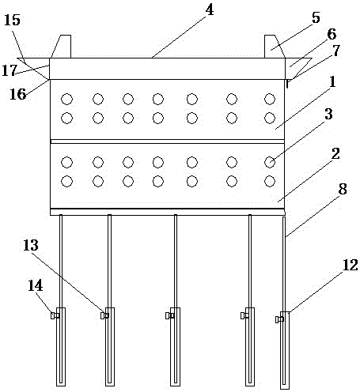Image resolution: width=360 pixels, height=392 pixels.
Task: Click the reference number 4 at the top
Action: pyautogui.click(x=210, y=10)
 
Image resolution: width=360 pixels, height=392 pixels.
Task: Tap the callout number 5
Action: pyautogui.click(x=316, y=18)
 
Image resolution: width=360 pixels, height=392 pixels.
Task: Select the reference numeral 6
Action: pyautogui.click(x=332, y=34)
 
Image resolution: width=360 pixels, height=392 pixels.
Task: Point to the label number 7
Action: pyautogui.click(x=335, y=51)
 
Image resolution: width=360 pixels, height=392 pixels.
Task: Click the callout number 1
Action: pyautogui.click(x=333, y=81)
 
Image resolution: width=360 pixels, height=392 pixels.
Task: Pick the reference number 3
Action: pyautogui.click(x=328, y=114)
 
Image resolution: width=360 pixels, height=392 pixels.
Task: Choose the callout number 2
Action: pyautogui.click(x=335, y=153)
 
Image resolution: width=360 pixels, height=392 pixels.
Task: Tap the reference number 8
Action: pyautogui.click(x=343, y=189)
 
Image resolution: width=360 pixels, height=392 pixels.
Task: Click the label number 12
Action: pyautogui.click(x=351, y=265)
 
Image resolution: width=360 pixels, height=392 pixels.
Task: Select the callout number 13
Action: pyautogui.click(x=31, y=245)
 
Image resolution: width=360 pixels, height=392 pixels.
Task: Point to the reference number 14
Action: pyautogui.click(x=36, y=285)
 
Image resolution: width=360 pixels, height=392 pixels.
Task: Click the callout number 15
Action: pyautogui.click(x=12, y=20)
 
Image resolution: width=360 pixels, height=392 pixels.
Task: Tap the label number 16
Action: pyautogui.click(x=18, y=94)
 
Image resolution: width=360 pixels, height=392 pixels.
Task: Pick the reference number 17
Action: pyautogui.click(x=9, y=70)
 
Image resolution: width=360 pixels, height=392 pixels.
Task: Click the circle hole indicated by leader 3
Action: pyautogui.click(x=270, y=162)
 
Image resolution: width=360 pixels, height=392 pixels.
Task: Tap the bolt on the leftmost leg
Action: pyautogui.click(x=55, y=315)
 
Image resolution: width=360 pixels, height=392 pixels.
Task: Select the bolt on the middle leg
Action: pyautogui.click(x=169, y=315)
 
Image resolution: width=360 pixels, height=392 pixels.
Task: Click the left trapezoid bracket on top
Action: pyautogui.click(x=61, y=47)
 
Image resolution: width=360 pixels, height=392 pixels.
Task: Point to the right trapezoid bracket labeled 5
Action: pyautogui.click(x=275, y=47)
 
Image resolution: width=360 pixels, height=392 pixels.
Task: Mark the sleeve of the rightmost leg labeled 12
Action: pyautogui.click(x=285, y=350)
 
